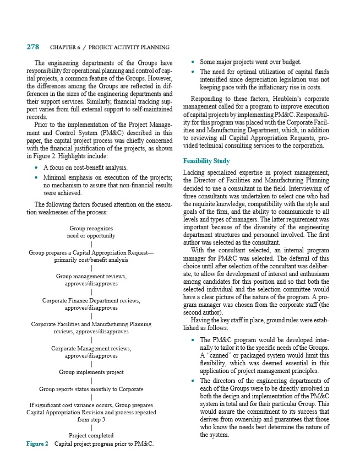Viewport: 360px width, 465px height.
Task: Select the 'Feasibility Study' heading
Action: [206, 161]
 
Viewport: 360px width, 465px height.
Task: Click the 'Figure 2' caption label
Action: [37, 444]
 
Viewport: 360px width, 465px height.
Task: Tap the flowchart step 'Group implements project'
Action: [91, 372]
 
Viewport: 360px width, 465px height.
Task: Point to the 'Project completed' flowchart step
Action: [91, 435]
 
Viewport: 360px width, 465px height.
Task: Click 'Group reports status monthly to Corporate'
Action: [91, 388]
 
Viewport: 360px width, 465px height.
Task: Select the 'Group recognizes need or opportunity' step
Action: [91, 232]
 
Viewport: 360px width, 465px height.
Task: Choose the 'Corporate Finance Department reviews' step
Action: [91, 301]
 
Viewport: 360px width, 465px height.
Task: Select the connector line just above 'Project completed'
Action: [91, 427]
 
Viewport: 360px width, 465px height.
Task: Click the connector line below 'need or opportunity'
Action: [91, 244]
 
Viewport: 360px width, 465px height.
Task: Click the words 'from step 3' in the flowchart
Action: [91, 419]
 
